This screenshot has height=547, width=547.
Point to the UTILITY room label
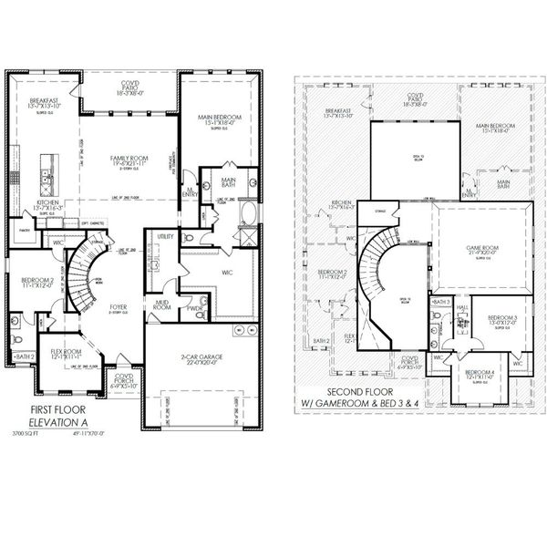[x=165, y=236]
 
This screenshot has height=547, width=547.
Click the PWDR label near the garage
[x=194, y=307]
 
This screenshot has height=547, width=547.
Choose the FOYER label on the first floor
[x=119, y=307]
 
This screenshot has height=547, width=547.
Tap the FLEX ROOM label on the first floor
[x=67, y=350]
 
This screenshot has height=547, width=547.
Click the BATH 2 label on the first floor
[x=25, y=356]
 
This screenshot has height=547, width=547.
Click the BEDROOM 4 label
[x=480, y=371]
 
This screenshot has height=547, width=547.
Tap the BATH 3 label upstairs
[x=441, y=301]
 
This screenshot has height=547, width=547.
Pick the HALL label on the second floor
[x=462, y=308]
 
